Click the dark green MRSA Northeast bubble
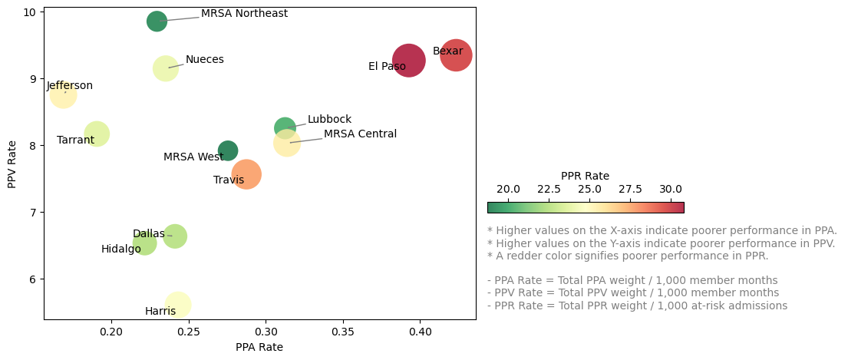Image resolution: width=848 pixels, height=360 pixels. (157, 21)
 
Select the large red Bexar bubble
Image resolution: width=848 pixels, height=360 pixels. (456, 55)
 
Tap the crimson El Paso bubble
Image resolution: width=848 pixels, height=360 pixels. (409, 60)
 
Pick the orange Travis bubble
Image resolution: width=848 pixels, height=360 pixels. (246, 174)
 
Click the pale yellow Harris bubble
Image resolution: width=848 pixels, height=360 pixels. (178, 305)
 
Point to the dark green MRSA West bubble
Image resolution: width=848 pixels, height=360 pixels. (228, 150)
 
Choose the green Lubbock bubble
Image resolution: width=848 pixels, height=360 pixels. (285, 127)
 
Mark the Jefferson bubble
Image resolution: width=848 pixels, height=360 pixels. (64, 95)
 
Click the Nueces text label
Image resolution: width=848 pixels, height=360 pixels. (205, 60)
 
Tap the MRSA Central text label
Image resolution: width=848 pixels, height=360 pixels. (360, 134)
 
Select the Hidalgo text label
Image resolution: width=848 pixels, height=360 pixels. (121, 249)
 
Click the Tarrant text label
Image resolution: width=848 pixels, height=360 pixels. (75, 140)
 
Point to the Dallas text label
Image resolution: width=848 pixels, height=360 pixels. (148, 234)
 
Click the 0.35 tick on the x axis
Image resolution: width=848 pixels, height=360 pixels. (343, 332)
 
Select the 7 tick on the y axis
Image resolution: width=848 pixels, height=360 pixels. (33, 212)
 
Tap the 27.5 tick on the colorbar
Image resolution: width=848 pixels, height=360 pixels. (630, 189)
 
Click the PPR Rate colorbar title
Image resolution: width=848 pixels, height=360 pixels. (585, 176)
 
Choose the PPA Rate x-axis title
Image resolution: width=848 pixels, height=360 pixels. (259, 347)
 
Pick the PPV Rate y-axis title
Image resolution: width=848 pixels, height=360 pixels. (12, 163)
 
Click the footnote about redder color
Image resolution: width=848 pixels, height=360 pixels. (628, 256)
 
